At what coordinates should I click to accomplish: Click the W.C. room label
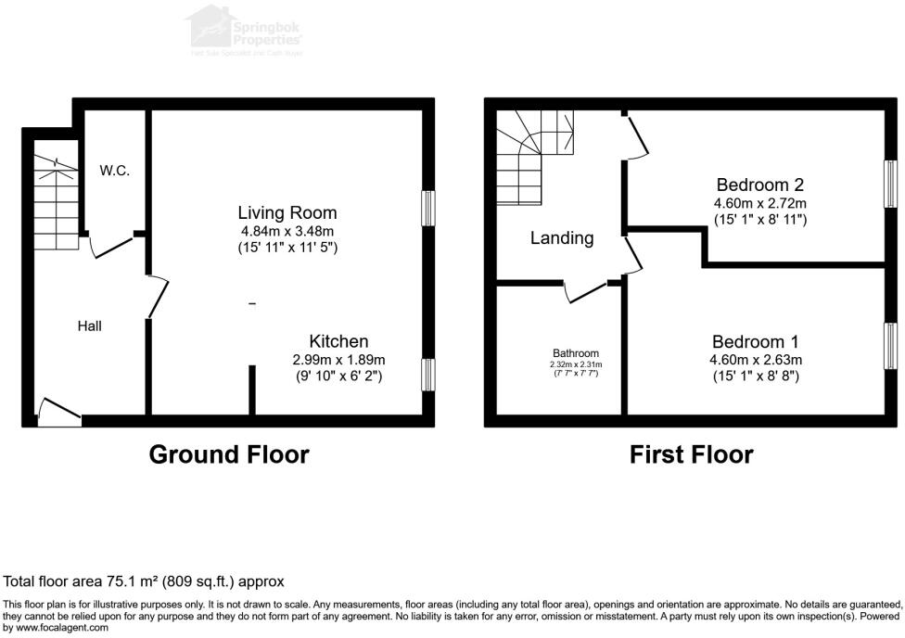115,171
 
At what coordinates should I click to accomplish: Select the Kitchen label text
338,341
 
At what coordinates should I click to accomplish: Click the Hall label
90,325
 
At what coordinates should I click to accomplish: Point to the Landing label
562,238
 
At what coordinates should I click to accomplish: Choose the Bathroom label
576,353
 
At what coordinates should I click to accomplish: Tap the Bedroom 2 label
759,185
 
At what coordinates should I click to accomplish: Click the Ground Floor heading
229,454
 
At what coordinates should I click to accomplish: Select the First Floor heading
691,454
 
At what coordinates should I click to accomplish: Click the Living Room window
427,208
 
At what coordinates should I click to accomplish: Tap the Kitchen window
427,375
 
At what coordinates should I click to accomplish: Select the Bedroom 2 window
889,184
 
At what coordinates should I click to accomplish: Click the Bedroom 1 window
889,346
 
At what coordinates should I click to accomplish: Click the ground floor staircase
56,199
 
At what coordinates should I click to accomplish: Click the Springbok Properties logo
246,28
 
